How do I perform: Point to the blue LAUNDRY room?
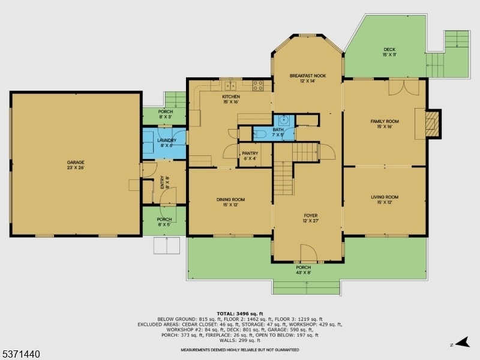click(164, 143)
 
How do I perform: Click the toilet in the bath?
click(260, 134)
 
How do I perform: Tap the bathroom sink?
click(284, 119)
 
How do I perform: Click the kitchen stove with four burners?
click(258, 86)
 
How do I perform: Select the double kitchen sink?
click(230, 85)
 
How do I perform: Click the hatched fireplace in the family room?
click(432, 124)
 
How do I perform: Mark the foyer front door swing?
click(308, 253)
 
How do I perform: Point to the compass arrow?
click(462, 342)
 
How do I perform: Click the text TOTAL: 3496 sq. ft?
click(239, 313)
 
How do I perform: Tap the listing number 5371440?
click(20, 354)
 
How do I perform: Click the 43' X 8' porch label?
click(304, 272)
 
